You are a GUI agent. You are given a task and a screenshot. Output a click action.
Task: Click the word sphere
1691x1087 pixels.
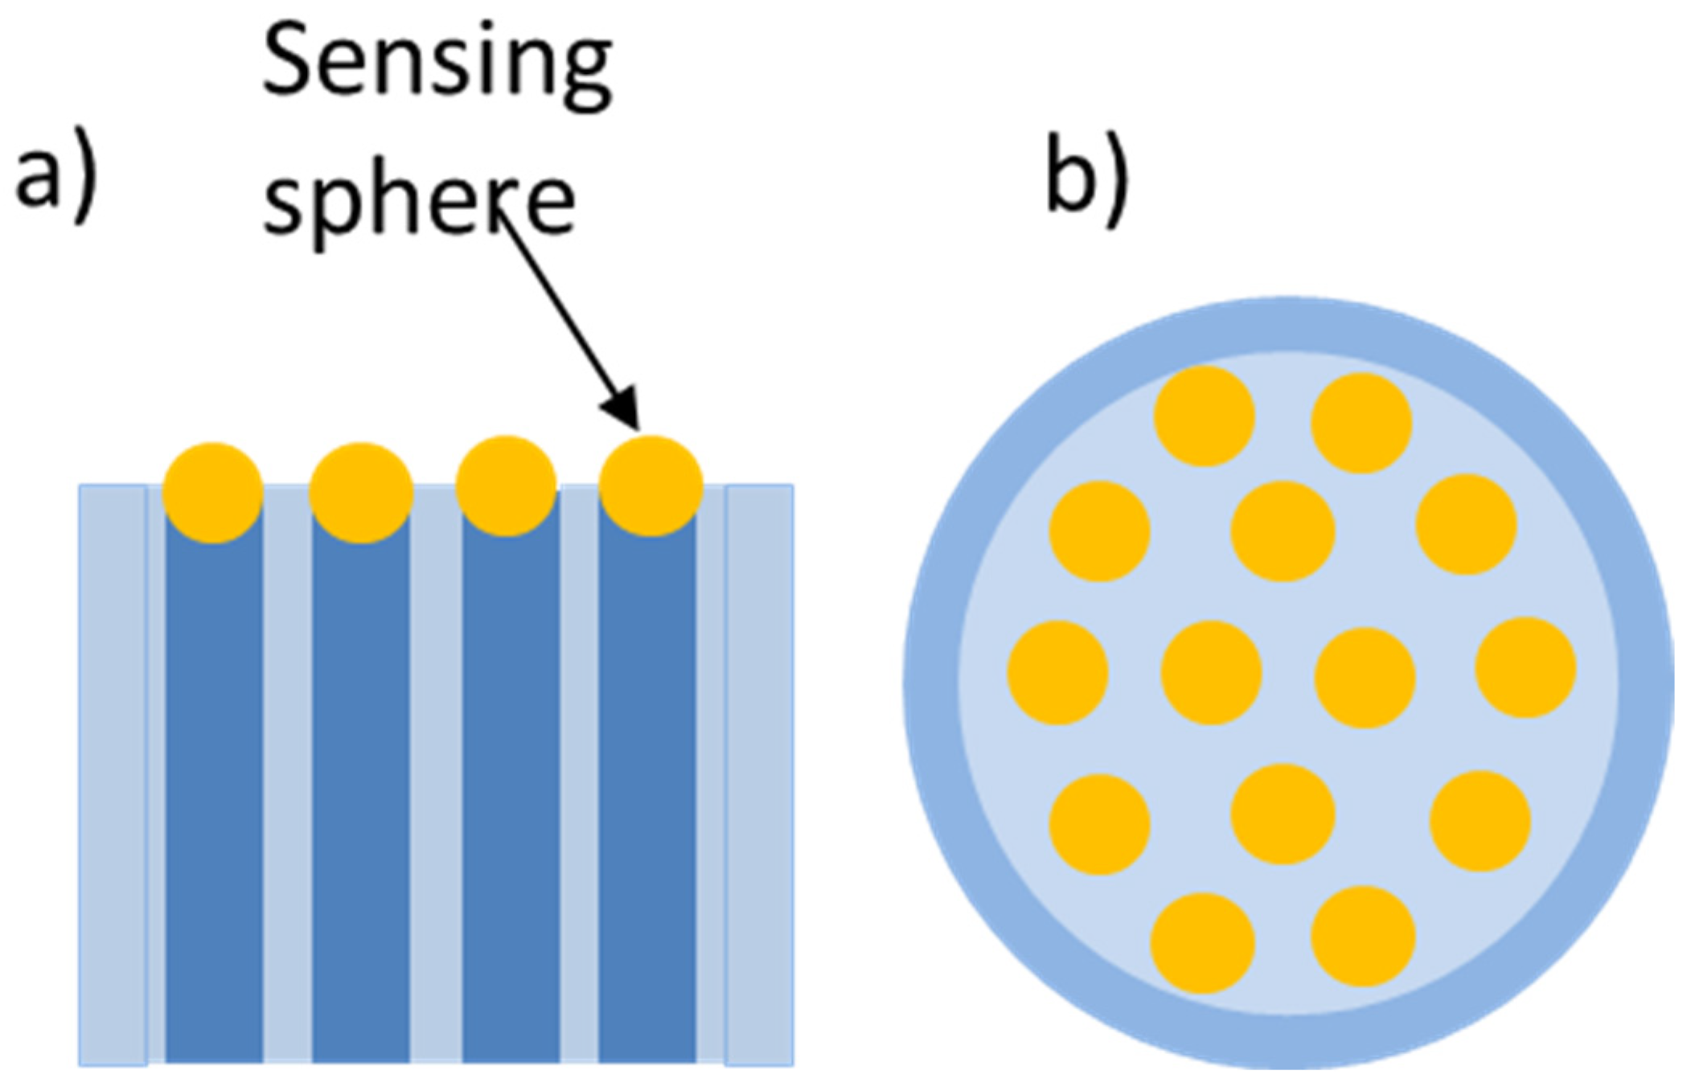419,201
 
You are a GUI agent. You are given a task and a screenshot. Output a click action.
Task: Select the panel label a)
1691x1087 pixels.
56,175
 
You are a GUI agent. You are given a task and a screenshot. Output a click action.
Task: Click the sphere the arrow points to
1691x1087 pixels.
651,486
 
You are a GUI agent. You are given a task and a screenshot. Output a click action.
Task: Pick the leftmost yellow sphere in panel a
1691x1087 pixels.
212,492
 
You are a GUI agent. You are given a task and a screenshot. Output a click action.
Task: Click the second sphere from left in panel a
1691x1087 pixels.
360,492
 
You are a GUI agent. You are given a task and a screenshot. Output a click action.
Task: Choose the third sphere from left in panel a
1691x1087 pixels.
506,486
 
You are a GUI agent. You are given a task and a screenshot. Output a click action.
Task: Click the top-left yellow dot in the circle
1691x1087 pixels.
1204,416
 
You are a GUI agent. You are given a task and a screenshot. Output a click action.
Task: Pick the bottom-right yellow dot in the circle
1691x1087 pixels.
1362,936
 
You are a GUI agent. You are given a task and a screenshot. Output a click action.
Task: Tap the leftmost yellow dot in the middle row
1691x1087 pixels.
1057,672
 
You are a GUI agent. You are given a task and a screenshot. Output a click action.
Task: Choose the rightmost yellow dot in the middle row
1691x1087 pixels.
1525,667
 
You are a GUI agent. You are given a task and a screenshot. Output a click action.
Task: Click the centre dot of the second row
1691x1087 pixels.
1283,531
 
